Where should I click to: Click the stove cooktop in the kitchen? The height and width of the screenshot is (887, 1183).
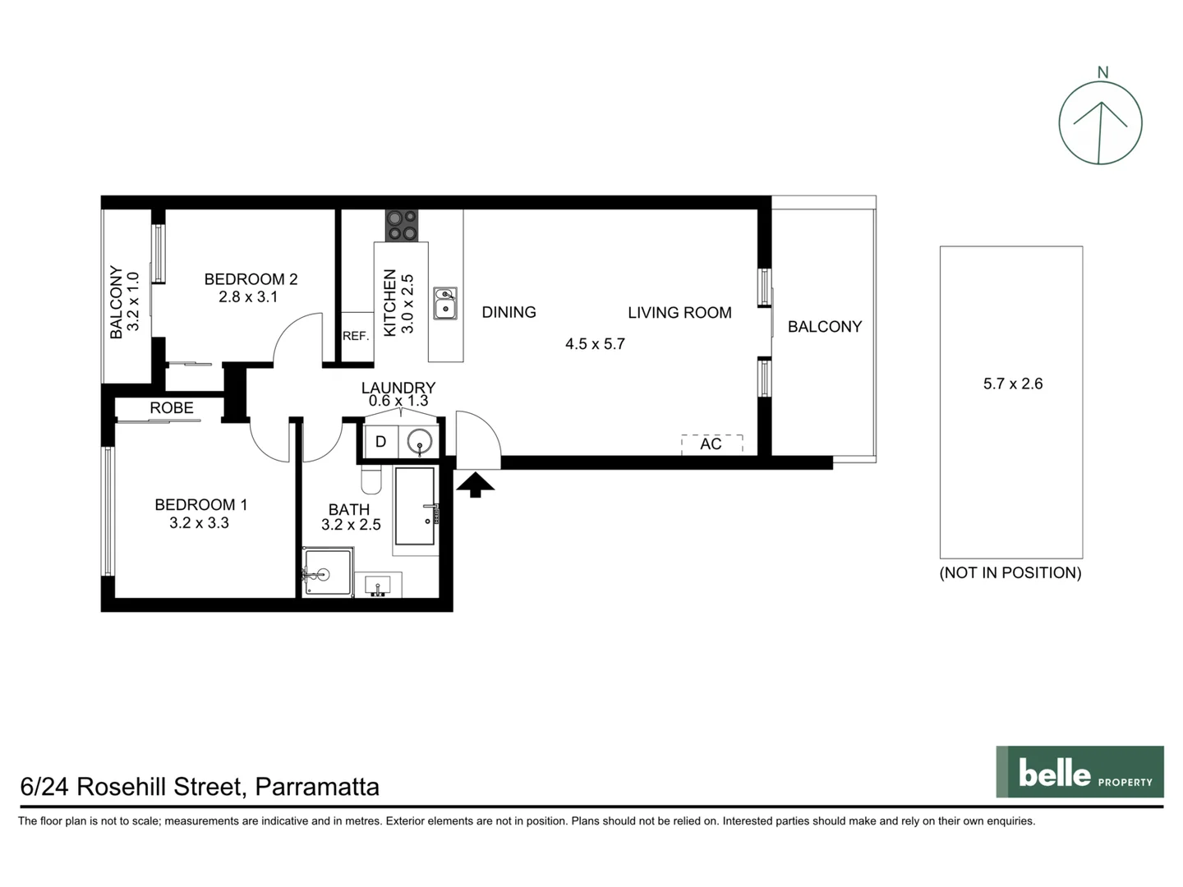[402, 226]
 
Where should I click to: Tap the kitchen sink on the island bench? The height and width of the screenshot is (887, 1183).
[445, 303]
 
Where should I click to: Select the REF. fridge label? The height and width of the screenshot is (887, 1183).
[356, 336]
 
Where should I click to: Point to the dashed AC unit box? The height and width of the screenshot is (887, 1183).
[711, 444]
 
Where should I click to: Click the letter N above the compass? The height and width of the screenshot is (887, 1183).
[1102, 72]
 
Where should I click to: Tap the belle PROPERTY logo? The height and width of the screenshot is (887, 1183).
[1079, 772]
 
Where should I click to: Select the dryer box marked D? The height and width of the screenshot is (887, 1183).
[380, 442]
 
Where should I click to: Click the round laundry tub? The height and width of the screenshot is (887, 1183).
[420, 442]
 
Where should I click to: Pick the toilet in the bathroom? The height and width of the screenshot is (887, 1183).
[371, 479]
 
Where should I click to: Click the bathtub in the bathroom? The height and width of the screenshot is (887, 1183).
[415, 507]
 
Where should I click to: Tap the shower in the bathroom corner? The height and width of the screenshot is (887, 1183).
[327, 572]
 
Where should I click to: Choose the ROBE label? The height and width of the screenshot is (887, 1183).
[172, 407]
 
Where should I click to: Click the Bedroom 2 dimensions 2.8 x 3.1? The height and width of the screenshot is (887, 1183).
[248, 297]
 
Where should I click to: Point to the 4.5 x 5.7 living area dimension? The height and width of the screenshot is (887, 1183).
[595, 344]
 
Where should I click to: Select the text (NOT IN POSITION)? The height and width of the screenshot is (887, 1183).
[1010, 573]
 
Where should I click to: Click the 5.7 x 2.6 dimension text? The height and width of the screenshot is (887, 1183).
[1012, 384]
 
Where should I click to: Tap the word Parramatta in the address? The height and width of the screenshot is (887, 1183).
[317, 787]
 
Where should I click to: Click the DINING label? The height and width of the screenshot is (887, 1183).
[509, 312]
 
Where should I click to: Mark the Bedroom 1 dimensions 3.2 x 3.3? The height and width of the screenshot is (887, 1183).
[199, 523]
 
